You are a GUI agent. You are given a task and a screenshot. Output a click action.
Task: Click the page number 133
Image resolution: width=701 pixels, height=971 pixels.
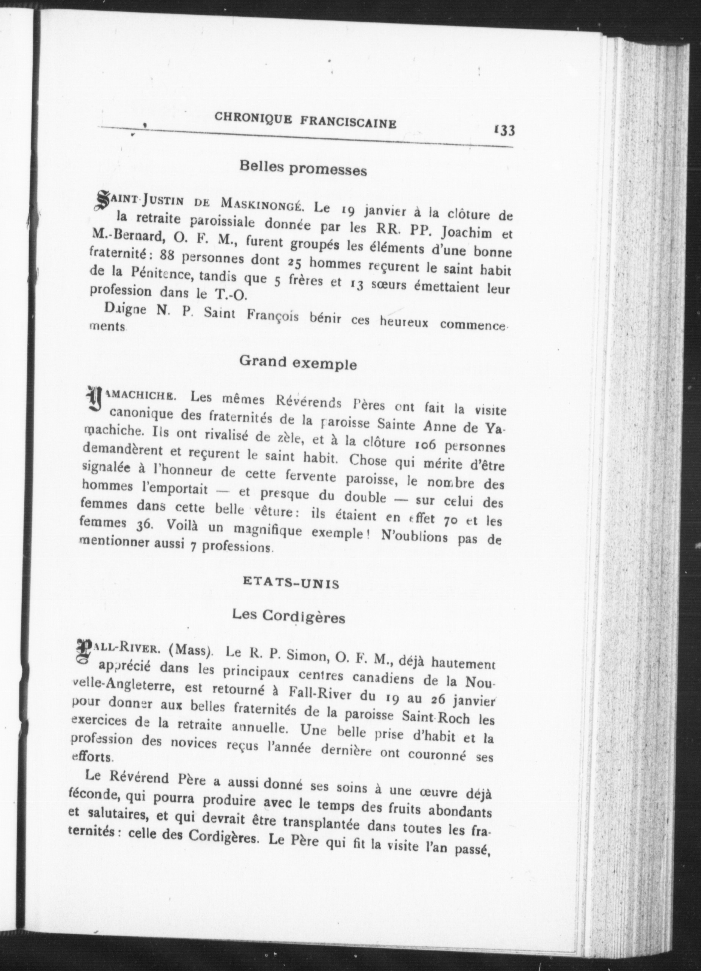pyautogui.click(x=504, y=130)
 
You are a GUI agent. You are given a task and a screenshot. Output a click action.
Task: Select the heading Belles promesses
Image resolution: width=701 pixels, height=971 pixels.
pyautogui.click(x=303, y=169)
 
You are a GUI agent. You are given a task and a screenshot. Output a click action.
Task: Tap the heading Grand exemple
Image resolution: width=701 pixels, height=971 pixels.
pyautogui.click(x=298, y=363)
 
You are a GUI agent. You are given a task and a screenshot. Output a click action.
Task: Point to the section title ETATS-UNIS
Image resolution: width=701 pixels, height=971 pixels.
pyautogui.click(x=291, y=583)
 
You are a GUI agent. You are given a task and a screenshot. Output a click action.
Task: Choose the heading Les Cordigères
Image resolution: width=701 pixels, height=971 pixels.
pyautogui.click(x=288, y=616)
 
